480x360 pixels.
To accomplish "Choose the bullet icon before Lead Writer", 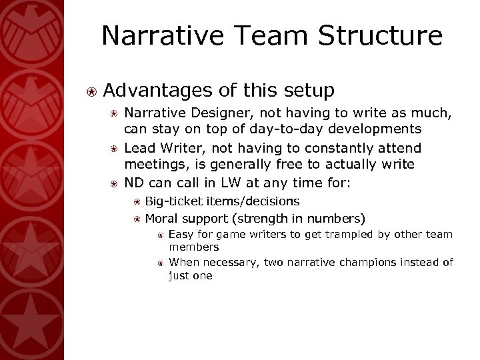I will (x=115, y=148).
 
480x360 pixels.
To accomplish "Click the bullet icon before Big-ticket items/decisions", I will (x=136, y=201).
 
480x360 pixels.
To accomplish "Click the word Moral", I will (x=162, y=218).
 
